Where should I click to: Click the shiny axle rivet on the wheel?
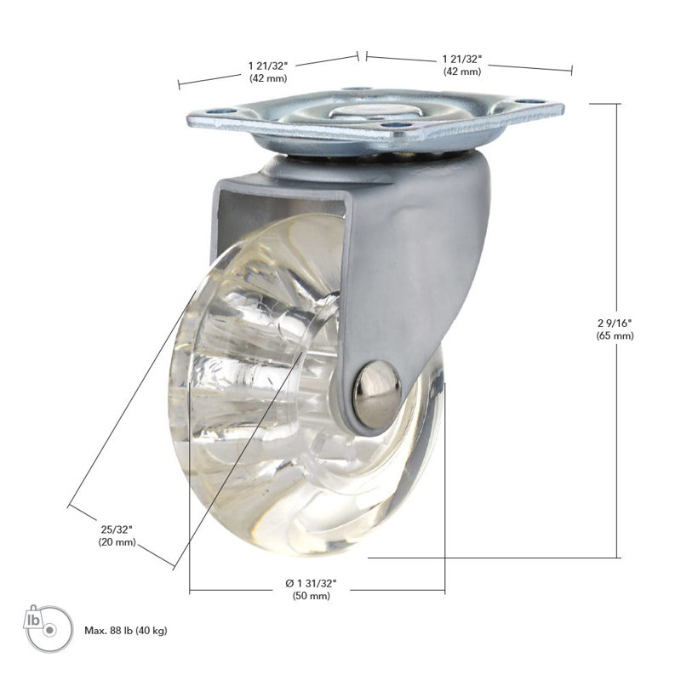click(x=376, y=394)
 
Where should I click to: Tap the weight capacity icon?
click(x=48, y=628)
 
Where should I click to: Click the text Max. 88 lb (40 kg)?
click(x=125, y=631)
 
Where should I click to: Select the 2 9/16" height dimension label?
click(x=615, y=323)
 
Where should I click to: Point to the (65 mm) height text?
click(x=615, y=335)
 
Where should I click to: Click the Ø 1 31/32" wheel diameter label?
click(x=311, y=583)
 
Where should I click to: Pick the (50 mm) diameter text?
click(x=311, y=596)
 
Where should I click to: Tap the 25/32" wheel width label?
click(x=117, y=529)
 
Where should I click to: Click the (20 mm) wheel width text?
click(x=117, y=542)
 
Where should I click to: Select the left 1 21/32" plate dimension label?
click(x=268, y=66)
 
